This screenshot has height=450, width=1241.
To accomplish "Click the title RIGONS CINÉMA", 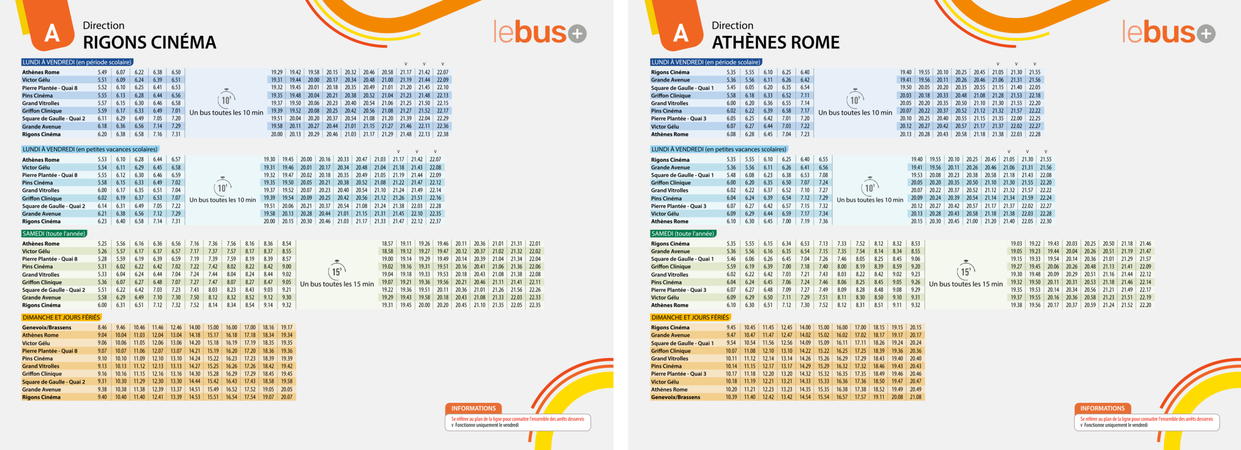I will tap(149, 43).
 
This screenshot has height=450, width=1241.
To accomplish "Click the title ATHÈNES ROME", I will tap(776, 43).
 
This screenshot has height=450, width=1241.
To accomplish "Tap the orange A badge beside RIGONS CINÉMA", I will tap(52, 33).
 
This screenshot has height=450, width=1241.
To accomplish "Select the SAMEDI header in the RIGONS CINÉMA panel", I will tap(54, 234).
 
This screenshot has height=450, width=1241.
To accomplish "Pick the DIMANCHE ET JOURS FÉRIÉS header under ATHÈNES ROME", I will tap(690, 318).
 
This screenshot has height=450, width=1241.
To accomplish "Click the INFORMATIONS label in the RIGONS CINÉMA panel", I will tap(473, 408).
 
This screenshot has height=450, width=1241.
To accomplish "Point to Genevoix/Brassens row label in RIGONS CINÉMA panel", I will tap(47, 328).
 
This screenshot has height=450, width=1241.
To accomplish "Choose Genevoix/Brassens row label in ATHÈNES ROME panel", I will tap(675, 397).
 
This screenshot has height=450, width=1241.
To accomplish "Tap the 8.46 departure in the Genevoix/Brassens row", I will tap(102, 328).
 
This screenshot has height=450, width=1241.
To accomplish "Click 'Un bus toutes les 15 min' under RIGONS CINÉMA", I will tap(337, 284).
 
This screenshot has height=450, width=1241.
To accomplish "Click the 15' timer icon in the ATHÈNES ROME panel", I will tap(966, 271).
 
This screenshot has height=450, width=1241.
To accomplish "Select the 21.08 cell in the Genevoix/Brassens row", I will tap(915, 397).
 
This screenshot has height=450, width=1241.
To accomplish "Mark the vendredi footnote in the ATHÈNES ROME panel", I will tap(1115, 425).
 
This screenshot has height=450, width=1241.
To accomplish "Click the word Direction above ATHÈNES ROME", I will tap(732, 26).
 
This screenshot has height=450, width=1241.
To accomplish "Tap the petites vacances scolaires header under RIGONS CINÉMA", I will tap(90, 149).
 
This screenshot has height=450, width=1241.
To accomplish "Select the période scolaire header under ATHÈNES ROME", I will tap(705, 62).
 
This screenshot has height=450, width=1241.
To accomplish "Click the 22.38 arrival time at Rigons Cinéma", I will tap(443, 134).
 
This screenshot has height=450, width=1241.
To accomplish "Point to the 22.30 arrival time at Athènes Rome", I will tap(1046, 222).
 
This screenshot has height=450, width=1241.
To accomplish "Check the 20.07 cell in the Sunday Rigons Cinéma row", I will tap(286, 397).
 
